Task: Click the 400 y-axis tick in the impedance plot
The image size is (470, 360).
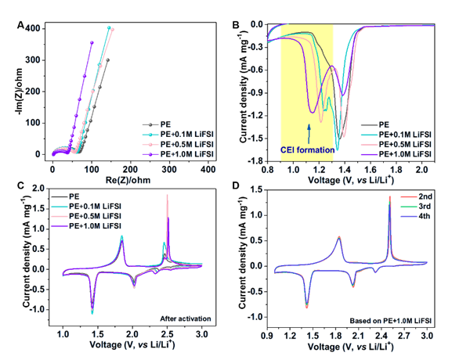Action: [34, 29]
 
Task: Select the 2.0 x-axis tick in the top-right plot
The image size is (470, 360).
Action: [421, 169]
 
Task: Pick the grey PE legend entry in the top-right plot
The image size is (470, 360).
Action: [385, 124]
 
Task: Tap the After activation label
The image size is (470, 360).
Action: [186, 319]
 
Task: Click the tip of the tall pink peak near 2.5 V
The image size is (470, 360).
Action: [168, 196]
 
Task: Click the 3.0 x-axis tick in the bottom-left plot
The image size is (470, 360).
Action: [202, 334]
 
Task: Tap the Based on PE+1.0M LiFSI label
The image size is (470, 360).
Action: [389, 321]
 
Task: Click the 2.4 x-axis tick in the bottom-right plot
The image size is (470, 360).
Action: [381, 334]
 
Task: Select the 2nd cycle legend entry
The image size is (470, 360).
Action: [407, 195]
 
